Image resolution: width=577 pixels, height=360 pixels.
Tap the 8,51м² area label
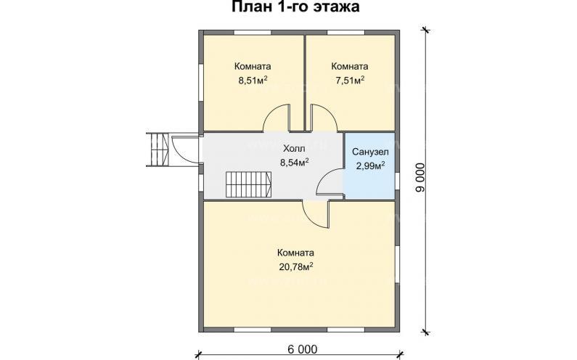(x=253, y=81)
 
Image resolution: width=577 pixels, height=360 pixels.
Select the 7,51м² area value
(x=348, y=80)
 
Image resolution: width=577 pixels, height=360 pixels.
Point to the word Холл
(x=294, y=147)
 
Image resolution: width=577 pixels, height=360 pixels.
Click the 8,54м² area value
(x=295, y=162)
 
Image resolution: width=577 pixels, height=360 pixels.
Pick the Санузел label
(x=370, y=152)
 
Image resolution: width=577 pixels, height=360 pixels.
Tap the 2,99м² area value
(x=370, y=166)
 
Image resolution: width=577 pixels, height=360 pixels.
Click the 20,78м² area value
(x=295, y=266)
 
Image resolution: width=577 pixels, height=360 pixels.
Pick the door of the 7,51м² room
(x=324, y=118)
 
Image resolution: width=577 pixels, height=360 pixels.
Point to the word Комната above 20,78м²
(x=295, y=253)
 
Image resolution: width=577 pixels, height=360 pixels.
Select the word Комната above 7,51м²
(x=348, y=66)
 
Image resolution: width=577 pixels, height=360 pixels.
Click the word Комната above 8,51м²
(x=253, y=66)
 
